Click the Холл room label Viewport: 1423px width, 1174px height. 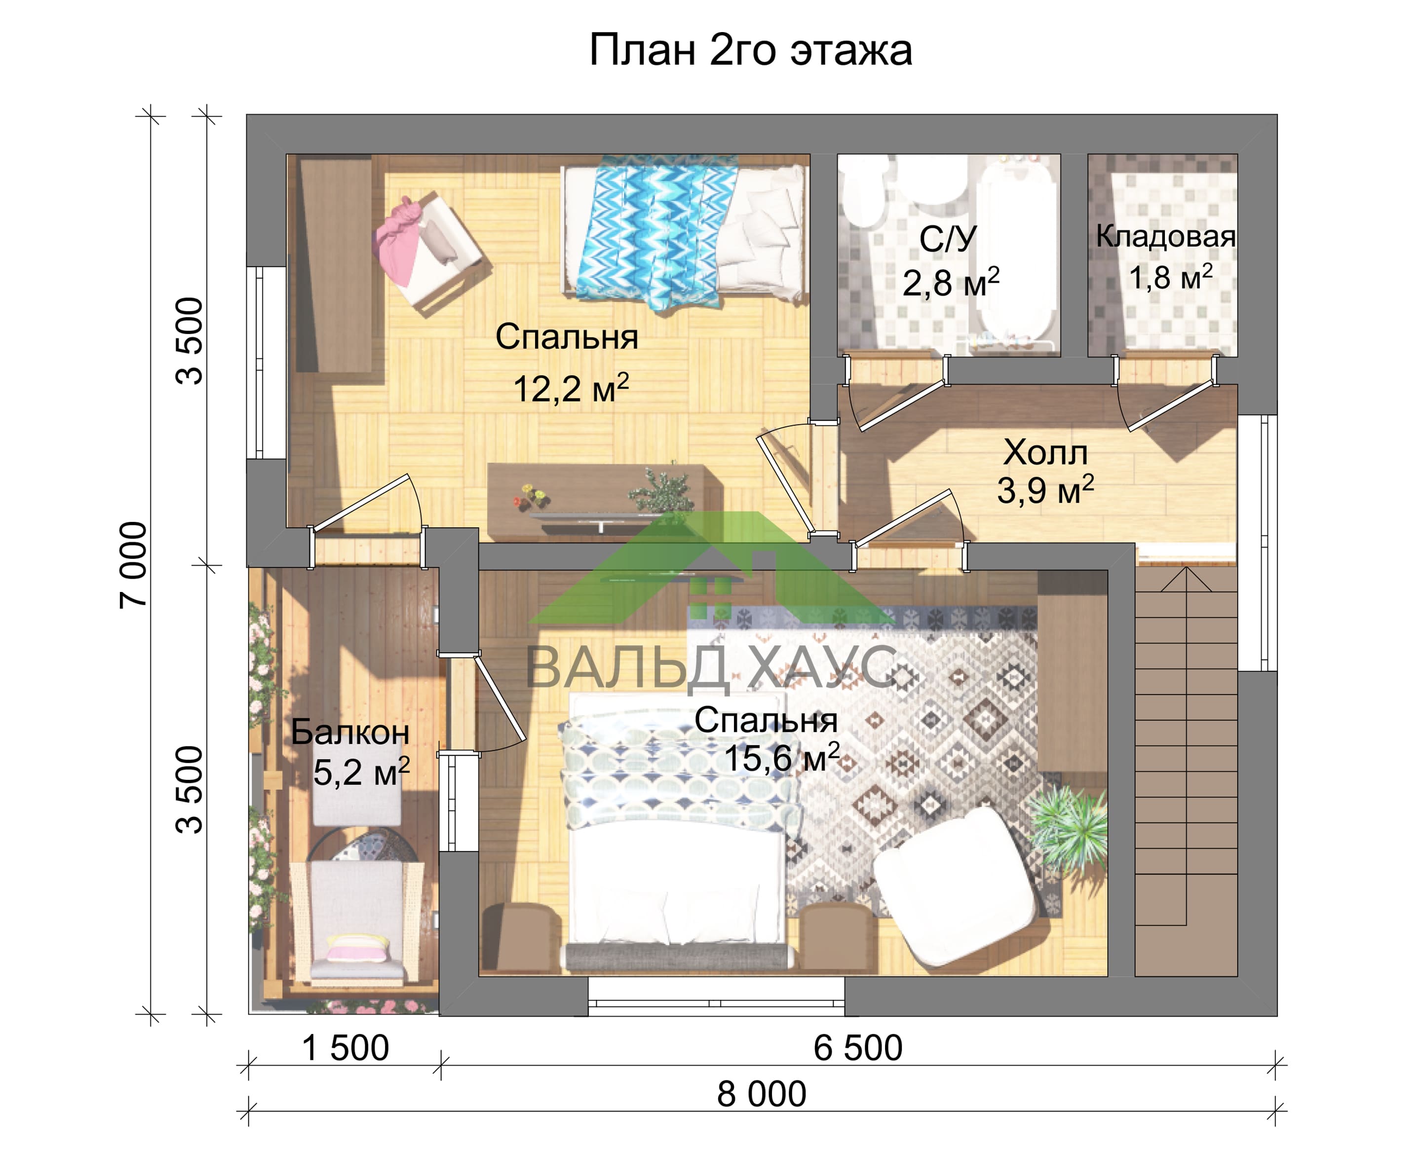(1045, 452)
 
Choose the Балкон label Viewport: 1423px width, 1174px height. (350, 733)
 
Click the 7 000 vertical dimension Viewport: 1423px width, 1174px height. (133, 565)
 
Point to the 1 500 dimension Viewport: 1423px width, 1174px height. (345, 1048)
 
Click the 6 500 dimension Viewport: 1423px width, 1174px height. (857, 1048)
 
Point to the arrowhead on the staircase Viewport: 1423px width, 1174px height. (1186, 579)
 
